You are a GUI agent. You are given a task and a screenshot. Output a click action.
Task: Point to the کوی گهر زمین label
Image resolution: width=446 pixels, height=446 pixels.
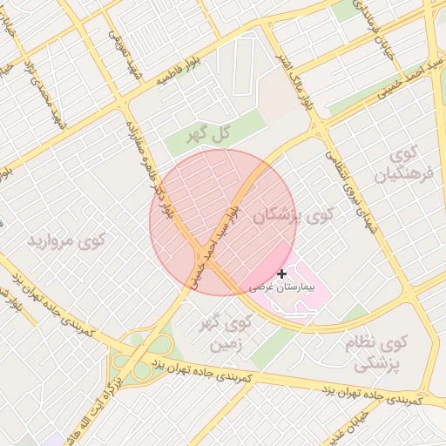coord(226,333)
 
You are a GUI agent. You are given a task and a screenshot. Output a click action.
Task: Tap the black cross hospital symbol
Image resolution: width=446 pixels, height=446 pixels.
coord(280,274)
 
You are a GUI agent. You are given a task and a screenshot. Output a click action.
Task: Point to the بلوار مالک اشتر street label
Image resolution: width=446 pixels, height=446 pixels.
coord(294,72)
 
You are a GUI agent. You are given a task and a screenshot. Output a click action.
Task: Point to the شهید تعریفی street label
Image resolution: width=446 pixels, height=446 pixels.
coord(119,48)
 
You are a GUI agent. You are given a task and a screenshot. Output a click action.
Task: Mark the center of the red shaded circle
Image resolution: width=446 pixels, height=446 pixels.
coord(223,222)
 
